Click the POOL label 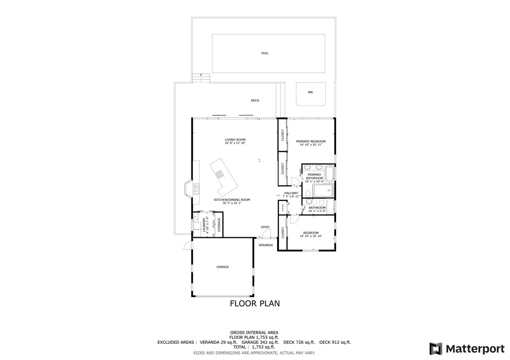(x=265, y=53)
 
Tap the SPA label (x=310, y=92)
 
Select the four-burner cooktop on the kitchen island (x=220, y=174)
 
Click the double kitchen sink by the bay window (x=196, y=189)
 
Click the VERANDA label (x=266, y=245)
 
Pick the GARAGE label (x=223, y=267)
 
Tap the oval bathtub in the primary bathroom (x=329, y=174)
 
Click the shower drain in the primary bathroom (x=329, y=191)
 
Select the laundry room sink (x=196, y=217)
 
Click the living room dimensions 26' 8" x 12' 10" (x=235, y=143)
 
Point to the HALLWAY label (x=291, y=193)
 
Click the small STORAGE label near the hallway (x=283, y=207)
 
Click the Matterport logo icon (x=436, y=349)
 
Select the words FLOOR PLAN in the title (x=255, y=303)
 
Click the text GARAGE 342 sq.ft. (x=260, y=342)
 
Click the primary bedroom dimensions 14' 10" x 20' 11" (x=311, y=145)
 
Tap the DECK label (x=255, y=100)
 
